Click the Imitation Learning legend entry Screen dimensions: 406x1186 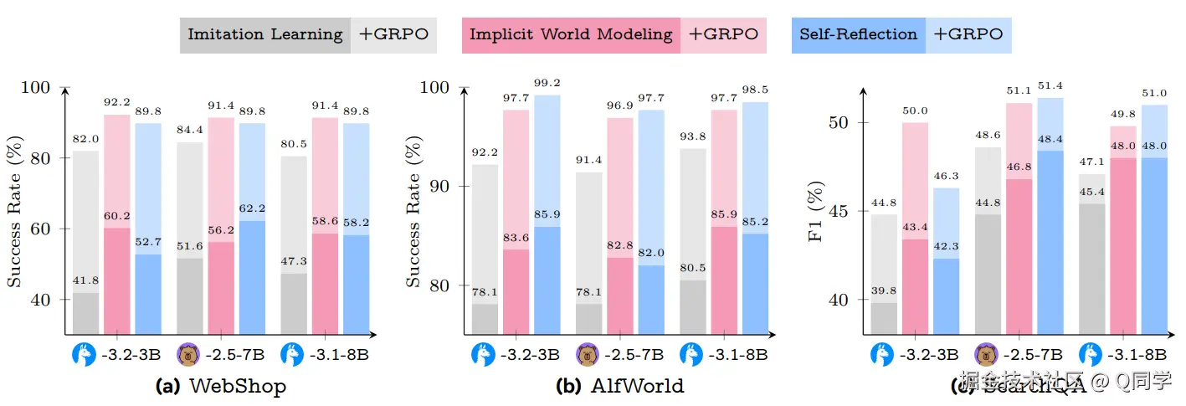pyautogui.click(x=264, y=34)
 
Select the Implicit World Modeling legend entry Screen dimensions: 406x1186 pyautogui.click(x=571, y=34)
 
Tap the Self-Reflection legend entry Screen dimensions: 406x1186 pyautogui.click(x=858, y=34)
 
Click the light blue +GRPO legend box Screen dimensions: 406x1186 pyautogui.click(x=968, y=34)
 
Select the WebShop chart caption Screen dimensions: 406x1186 pyautogui.click(x=221, y=386)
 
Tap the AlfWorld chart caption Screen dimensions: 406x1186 pyautogui.click(x=619, y=386)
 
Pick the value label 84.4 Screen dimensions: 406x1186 pyautogui.click(x=191, y=129)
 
